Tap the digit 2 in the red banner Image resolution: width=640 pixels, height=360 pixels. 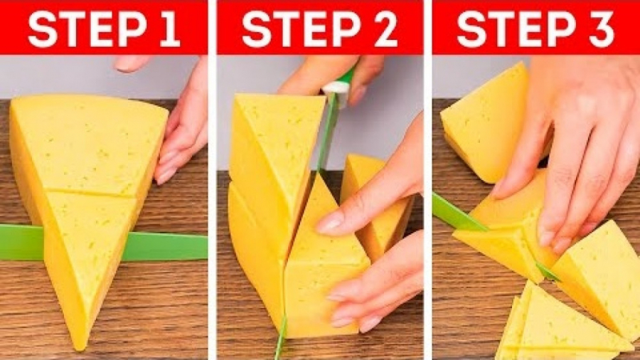click(x=385, y=28)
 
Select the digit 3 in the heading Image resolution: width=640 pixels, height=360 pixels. click(x=599, y=28)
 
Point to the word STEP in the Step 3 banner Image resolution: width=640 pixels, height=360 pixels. click(x=516, y=28)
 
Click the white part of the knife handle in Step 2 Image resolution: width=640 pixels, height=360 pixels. click(x=336, y=88)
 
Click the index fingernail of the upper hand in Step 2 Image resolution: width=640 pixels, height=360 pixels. click(x=329, y=223)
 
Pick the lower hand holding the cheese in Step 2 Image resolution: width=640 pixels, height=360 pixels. click(x=373, y=282)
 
